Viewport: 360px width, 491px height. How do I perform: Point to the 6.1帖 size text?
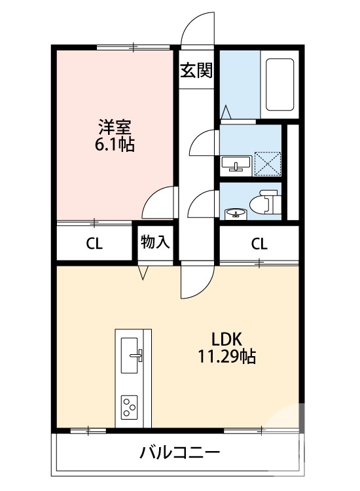(116, 144)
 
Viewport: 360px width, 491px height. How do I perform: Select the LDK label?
(227, 339)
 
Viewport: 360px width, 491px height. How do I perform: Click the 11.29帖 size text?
(227, 357)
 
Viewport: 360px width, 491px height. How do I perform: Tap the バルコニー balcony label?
(179, 453)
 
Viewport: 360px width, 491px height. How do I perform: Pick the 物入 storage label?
(156, 242)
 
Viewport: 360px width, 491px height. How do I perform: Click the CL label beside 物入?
(95, 244)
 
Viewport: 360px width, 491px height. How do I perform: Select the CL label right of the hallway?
(259, 244)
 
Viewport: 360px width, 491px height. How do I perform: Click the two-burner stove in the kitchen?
(129, 408)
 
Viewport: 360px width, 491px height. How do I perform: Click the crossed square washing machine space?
(267, 163)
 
